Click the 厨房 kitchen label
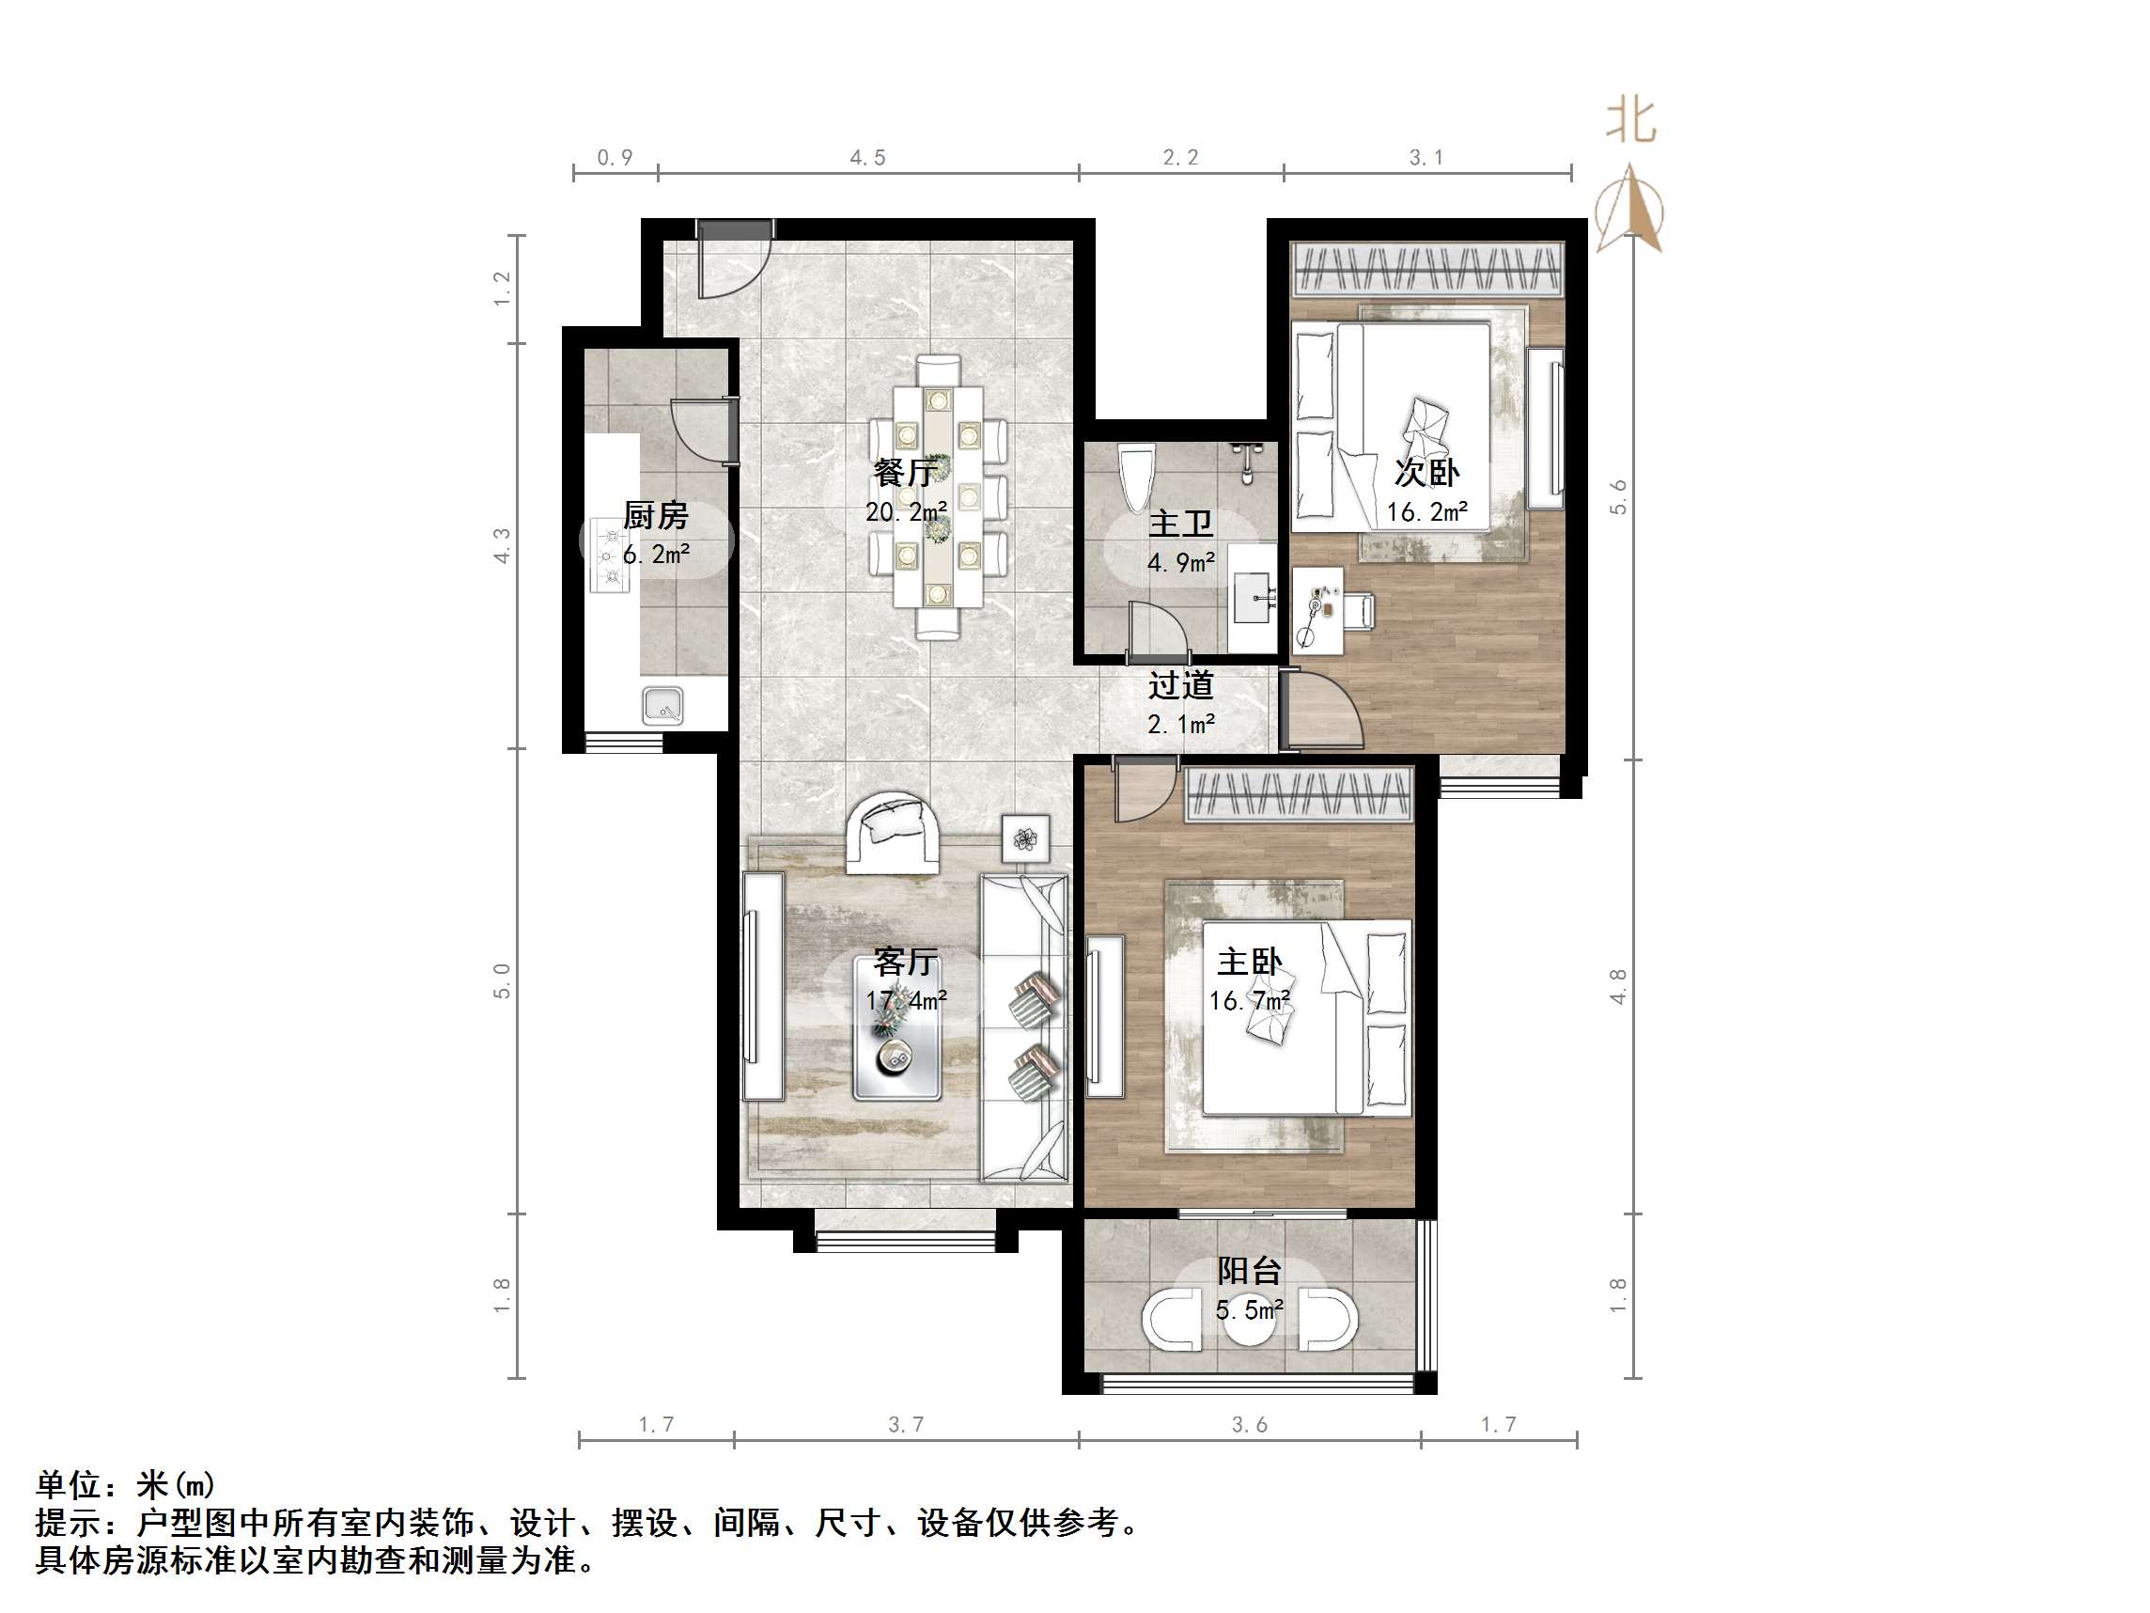click(655, 515)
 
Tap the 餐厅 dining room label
click(905, 474)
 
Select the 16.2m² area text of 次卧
click(1426, 512)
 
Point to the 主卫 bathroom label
click(1180, 525)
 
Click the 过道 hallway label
click(1180, 685)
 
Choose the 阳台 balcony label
click(1249, 1270)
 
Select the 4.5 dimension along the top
click(867, 158)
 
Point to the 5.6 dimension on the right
click(1617, 497)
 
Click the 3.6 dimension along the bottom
click(1249, 1424)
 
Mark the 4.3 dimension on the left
click(502, 545)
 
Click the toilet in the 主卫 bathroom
click(1136, 477)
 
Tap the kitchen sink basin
click(662, 705)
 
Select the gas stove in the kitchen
click(611, 556)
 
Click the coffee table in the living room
click(897, 1028)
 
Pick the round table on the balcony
click(1249, 1320)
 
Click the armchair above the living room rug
click(893, 833)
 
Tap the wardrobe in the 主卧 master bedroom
click(1298, 794)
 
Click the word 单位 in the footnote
click(68, 1484)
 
